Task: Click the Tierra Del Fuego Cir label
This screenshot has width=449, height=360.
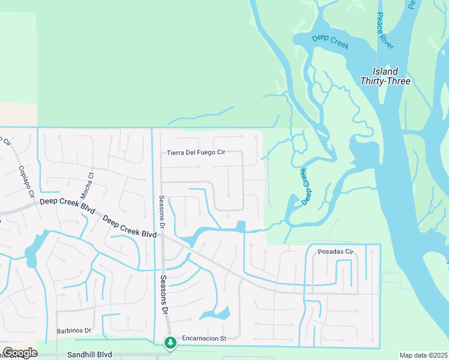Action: point(196,152)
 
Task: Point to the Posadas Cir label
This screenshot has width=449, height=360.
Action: point(336,251)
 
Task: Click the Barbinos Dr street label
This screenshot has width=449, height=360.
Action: point(73,331)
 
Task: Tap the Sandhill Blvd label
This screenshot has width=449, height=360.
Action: point(91,355)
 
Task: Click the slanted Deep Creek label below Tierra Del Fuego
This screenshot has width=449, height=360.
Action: point(307,186)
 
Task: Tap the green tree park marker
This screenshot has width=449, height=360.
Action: point(170,343)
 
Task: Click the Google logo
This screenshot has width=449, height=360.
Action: point(20,353)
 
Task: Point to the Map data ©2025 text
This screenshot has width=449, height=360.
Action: point(423,355)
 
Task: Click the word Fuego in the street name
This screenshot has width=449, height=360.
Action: point(204,152)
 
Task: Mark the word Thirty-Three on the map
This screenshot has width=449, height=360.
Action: point(385,81)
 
